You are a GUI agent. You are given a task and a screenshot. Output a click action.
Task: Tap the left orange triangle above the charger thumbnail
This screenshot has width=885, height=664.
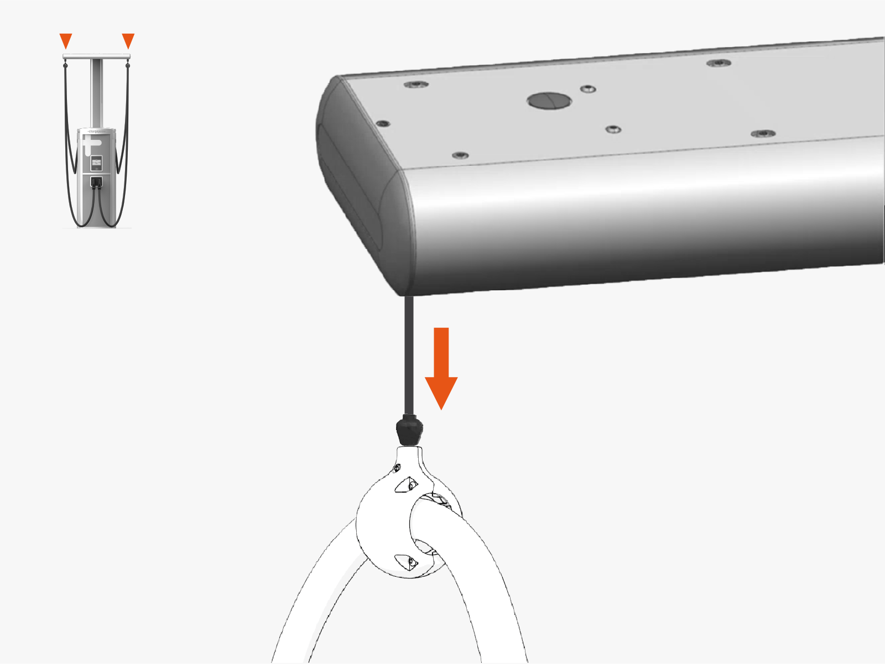[66, 40]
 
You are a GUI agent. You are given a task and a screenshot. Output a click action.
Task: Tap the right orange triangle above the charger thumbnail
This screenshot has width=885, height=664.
[128, 40]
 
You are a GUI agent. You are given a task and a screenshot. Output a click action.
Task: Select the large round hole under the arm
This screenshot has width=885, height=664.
[549, 101]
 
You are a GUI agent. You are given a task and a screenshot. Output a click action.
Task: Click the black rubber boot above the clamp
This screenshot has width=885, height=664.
[409, 431]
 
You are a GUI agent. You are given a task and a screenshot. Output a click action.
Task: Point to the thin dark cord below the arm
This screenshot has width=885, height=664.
[409, 354]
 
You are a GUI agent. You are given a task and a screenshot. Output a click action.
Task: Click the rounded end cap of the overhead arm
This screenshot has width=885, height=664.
[354, 182]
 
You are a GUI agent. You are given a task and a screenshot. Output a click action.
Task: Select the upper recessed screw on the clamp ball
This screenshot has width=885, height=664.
[408, 485]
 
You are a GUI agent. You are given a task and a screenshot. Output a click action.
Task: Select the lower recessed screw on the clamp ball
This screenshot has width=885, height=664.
[408, 562]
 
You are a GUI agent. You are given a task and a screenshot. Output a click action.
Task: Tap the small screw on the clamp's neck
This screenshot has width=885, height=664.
[397, 468]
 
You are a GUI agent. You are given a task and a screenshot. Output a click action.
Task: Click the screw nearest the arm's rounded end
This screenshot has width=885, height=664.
[382, 123]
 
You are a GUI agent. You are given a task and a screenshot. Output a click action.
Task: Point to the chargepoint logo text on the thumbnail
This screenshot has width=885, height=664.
[96, 132]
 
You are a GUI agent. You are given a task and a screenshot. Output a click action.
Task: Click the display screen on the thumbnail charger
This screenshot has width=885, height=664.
[96, 163]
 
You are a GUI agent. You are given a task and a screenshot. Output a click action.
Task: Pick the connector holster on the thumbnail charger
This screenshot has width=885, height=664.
[96, 181]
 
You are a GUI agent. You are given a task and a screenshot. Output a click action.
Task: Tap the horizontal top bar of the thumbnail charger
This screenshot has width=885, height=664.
[96, 56]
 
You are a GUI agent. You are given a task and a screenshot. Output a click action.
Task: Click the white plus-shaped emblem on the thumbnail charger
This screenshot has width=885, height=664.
[91, 147]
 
